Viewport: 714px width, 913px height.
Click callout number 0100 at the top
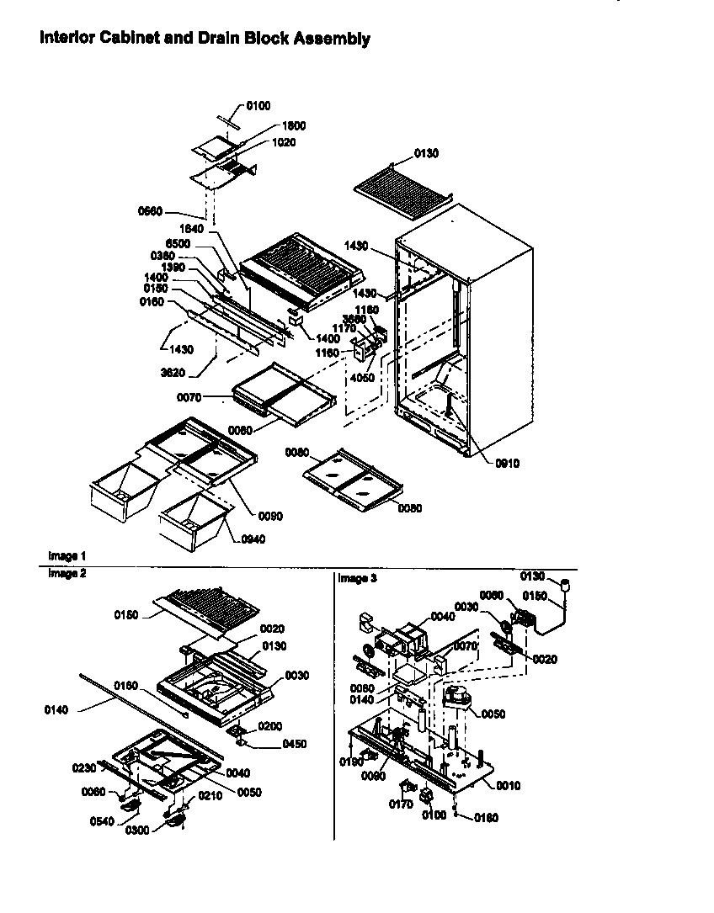tap(258, 105)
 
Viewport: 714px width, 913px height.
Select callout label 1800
tap(294, 125)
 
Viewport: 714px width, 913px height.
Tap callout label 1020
tap(283, 143)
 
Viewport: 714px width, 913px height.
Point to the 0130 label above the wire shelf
tap(426, 153)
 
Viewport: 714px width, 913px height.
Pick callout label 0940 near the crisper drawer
tap(252, 539)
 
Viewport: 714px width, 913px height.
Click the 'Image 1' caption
tap(67, 556)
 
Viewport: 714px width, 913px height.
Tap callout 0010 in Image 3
tap(509, 786)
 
